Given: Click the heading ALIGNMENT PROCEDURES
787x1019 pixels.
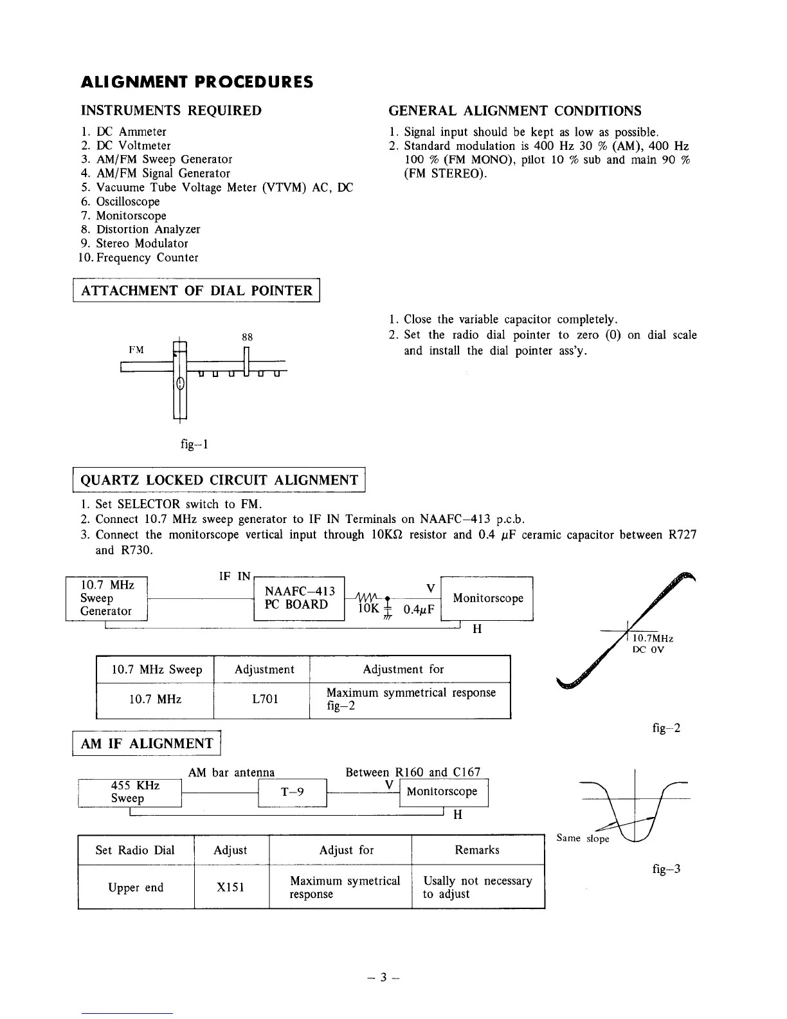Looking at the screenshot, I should coord(197,82).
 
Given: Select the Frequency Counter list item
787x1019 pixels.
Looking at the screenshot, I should coord(147,257).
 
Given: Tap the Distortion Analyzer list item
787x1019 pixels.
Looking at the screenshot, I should coord(148,229).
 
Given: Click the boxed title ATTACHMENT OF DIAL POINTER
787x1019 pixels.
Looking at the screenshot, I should coord(197,290).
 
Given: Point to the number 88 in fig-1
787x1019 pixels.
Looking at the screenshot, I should coord(247,337).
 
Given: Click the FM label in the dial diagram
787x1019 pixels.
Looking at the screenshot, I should coord(136,350).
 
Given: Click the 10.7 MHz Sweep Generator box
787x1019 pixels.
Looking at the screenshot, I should coord(107,598).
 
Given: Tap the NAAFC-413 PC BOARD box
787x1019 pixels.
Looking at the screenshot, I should coord(300,598).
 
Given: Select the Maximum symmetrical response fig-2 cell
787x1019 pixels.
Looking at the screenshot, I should coord(410,699).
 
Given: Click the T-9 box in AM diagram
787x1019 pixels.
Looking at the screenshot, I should coord(293,793).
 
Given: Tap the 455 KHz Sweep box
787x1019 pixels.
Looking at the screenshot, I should coord(130,792).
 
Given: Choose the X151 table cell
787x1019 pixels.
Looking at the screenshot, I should coord(231,887).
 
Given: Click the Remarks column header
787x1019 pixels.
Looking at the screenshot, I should coord(477,850).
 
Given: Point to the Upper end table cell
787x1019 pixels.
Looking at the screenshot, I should coord(136,887).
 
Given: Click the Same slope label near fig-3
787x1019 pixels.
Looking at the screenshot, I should coord(583,838).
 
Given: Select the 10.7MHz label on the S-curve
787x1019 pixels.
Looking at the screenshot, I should coord(653,638).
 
